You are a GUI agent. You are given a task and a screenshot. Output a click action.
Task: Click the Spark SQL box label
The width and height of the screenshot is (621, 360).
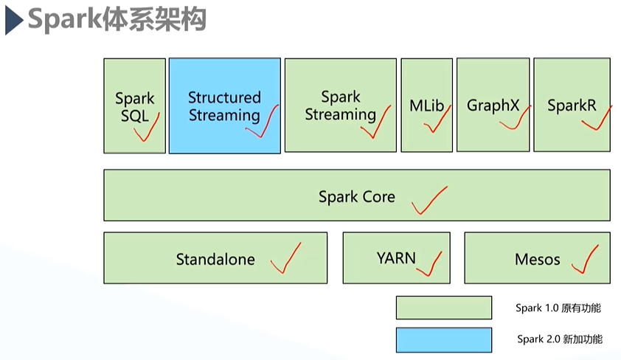tap(135, 106)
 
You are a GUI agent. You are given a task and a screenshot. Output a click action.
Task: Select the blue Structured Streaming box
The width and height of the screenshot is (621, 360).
tap(224, 105)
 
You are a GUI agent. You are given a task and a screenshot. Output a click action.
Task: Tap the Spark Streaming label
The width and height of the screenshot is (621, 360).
tap(340, 105)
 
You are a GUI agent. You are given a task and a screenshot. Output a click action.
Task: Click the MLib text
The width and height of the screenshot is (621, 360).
tap(426, 105)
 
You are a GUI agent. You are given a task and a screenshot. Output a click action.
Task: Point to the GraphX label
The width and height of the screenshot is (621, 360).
tap(493, 105)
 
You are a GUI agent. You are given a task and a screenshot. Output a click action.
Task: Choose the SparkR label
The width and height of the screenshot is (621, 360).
tap(572, 105)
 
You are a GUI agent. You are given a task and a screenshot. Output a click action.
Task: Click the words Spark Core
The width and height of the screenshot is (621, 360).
tap(357, 197)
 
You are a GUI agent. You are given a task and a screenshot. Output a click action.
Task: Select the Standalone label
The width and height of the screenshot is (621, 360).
tap(215, 259)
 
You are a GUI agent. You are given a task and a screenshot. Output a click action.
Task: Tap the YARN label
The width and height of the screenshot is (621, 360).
tap(396, 258)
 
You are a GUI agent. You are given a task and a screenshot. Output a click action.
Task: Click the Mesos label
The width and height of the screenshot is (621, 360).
tap(538, 259)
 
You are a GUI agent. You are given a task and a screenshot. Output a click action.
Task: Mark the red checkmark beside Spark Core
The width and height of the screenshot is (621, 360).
tap(429, 200)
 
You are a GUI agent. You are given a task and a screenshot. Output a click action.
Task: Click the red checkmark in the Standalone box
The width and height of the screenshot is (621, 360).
tap(286, 258)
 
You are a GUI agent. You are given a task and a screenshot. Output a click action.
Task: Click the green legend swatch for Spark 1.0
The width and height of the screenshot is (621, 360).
tap(443, 308)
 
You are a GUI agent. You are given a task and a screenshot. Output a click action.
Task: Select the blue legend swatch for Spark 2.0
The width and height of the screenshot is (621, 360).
tap(443, 339)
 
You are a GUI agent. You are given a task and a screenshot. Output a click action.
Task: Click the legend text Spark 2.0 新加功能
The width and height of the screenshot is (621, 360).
tap(558, 339)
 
